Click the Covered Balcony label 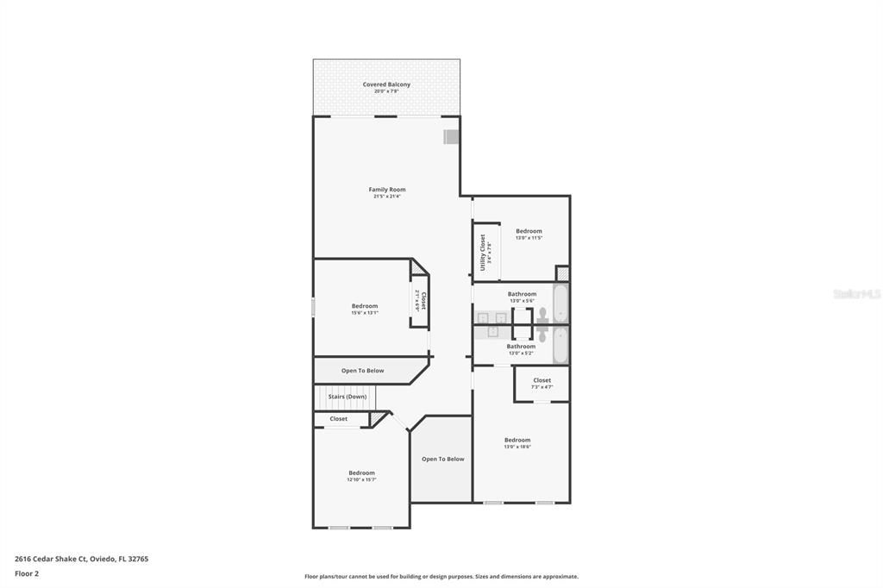386,84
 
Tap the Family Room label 386,190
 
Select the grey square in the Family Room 451,137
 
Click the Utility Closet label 484,252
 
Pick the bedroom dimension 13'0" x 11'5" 529,238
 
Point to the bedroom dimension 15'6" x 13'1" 364,313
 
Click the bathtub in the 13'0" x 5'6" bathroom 560,303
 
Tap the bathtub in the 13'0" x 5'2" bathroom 560,345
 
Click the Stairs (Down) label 347,397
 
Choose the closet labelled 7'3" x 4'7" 542,384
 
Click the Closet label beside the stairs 339,419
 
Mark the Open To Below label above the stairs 362,371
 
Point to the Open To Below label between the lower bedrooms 442,460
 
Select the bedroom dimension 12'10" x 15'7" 361,480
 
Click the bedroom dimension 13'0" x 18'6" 517,447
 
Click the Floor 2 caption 27,573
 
